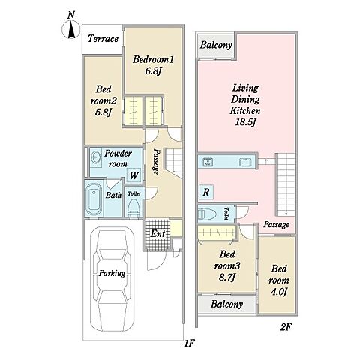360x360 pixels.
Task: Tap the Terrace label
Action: point(103,39)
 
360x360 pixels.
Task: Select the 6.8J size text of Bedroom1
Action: point(153,71)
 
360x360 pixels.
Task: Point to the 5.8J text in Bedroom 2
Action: point(103,112)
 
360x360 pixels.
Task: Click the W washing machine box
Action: point(134,175)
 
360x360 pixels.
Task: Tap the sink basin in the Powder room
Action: point(95,158)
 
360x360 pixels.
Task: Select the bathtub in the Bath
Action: point(94,199)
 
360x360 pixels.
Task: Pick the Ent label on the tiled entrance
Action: point(157,233)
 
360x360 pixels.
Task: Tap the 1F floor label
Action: point(189,343)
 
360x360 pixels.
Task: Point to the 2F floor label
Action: point(286,327)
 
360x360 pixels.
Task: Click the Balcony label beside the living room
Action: point(216,45)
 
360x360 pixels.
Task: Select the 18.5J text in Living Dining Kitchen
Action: point(245,122)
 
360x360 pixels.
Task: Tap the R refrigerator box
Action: point(206,192)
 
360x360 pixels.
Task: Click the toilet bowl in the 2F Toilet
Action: point(208,214)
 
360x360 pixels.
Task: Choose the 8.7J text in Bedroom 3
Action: point(227,277)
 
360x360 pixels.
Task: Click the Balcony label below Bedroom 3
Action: point(226,304)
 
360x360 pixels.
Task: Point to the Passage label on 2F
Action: point(276,224)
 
